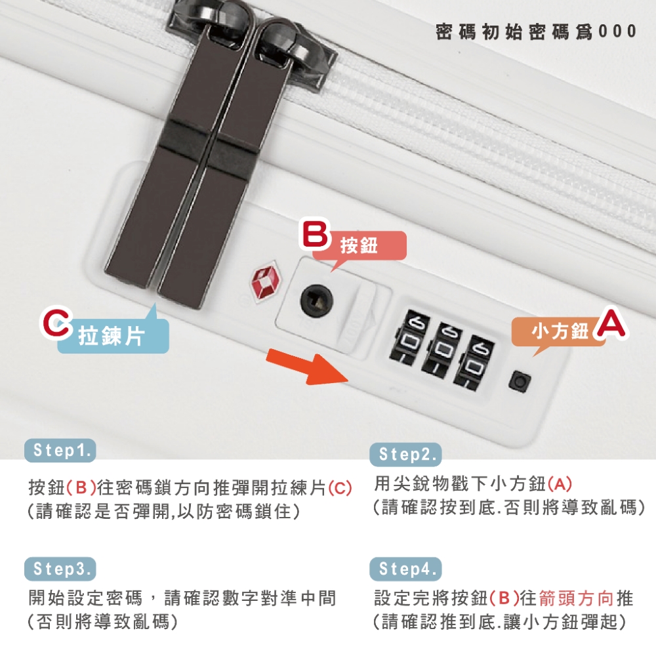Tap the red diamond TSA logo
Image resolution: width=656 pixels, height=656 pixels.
266,279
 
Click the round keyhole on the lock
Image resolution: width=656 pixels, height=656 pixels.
317,300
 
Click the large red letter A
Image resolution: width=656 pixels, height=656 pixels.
610,323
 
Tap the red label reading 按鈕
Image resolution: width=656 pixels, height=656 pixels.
359,247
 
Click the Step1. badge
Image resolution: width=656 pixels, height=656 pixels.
60,450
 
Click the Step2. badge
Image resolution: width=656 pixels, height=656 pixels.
405,454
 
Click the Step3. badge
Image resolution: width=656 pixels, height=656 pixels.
60,569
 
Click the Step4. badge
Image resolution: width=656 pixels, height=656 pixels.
405,569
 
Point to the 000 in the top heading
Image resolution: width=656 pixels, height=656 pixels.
617,31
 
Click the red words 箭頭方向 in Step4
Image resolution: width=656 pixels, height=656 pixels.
577,598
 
